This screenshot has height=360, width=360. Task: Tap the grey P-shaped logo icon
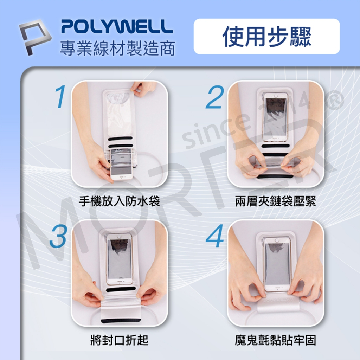pyautogui.click(x=34, y=37)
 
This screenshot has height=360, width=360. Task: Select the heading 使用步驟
pyautogui.click(x=267, y=36)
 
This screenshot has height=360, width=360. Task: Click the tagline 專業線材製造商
pyautogui.click(x=117, y=48)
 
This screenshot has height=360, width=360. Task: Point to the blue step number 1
pyautogui.click(x=60, y=96)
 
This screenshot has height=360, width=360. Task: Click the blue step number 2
pyautogui.click(x=214, y=97)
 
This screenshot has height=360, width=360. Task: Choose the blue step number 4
pyautogui.click(x=215, y=236)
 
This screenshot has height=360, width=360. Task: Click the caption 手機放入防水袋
pyautogui.click(x=119, y=201)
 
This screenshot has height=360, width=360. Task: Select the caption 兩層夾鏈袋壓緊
pyautogui.click(x=276, y=201)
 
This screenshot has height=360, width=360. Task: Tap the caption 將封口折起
pyautogui.click(x=120, y=340)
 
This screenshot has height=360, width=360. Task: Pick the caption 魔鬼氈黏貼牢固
pyautogui.click(x=276, y=340)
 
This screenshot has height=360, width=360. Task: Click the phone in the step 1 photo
pyautogui.click(x=121, y=165)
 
